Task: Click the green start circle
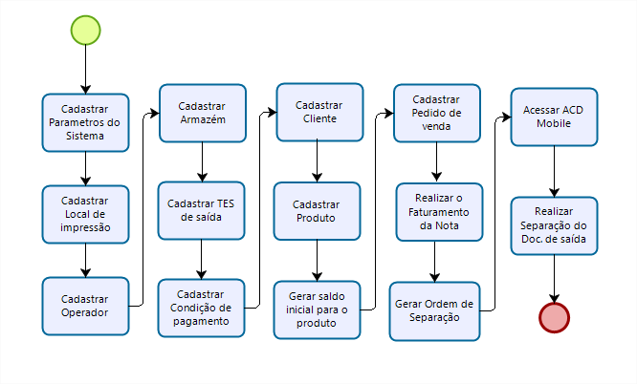(86, 30)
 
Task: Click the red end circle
(554, 316)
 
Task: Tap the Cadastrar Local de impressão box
(86, 214)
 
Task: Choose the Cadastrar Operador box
(86, 306)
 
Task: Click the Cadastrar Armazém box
(202, 113)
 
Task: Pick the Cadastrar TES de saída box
(202, 210)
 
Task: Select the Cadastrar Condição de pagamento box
(202, 307)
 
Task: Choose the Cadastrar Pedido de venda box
(436, 113)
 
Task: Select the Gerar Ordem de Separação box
(436, 309)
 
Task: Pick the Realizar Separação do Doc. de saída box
(554, 225)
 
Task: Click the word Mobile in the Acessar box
(554, 124)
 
